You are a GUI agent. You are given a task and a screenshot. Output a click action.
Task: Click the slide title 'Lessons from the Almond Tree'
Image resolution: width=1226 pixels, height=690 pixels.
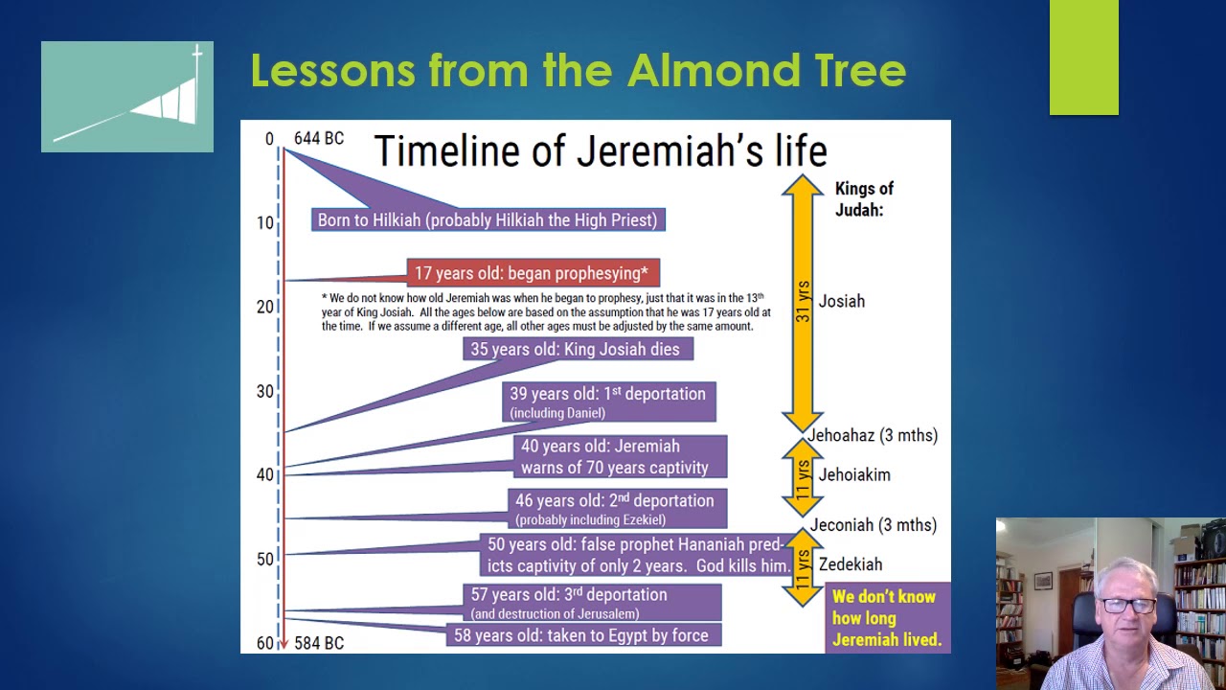578,71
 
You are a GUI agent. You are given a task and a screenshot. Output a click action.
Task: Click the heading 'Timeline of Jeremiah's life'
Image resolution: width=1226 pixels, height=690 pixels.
600,150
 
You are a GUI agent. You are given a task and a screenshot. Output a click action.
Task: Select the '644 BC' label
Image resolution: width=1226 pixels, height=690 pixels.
318,139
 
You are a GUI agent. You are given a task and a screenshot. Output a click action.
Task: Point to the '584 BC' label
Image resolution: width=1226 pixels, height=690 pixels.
318,643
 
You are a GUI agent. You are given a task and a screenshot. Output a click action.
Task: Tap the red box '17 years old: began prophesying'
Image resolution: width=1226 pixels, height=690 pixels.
533,273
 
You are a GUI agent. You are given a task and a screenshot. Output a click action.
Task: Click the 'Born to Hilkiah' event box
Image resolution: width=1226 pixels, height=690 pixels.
488,220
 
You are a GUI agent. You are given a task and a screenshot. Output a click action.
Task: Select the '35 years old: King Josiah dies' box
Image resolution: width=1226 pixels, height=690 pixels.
576,350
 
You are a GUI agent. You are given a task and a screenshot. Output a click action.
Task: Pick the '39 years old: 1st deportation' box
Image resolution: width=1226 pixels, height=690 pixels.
608,402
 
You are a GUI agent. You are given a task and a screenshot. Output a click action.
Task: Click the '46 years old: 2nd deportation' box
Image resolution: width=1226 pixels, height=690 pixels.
616,509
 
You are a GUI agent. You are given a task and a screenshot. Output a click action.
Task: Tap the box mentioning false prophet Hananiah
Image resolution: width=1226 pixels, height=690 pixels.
638,555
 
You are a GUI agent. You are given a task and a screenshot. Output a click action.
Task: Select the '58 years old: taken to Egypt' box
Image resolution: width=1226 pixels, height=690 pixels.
582,635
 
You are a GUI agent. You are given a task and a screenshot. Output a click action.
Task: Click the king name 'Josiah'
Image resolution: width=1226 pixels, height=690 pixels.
841,301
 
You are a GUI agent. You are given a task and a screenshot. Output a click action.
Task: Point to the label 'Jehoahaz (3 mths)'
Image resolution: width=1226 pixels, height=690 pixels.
873,435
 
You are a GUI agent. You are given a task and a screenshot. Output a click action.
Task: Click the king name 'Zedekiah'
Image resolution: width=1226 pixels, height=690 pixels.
851,564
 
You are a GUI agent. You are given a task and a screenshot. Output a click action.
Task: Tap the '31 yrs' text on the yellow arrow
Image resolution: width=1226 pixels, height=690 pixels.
803,301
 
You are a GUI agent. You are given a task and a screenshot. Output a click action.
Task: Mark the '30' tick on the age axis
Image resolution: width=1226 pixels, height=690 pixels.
264,391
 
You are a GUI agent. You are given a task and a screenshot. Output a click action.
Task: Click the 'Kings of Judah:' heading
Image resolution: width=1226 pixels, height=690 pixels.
864,199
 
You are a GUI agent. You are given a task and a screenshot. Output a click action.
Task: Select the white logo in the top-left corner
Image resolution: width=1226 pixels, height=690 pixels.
127,97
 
